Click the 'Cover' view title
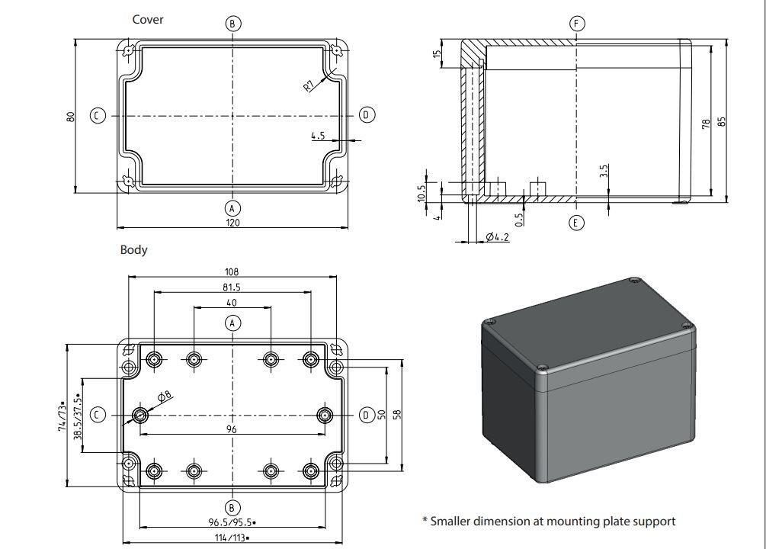(148, 19)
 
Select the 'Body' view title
(133, 249)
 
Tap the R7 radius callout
(309, 85)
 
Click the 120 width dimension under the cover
(232, 223)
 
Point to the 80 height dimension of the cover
(70, 117)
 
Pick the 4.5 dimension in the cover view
(318, 136)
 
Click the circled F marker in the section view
(577, 24)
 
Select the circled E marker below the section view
(577, 223)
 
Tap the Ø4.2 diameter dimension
(497, 238)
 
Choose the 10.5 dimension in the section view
(421, 192)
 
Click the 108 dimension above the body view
(232, 271)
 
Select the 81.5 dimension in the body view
(232, 287)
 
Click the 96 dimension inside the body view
(232, 429)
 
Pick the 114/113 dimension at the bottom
(230, 538)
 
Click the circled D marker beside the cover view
(367, 115)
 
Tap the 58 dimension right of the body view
(397, 414)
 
